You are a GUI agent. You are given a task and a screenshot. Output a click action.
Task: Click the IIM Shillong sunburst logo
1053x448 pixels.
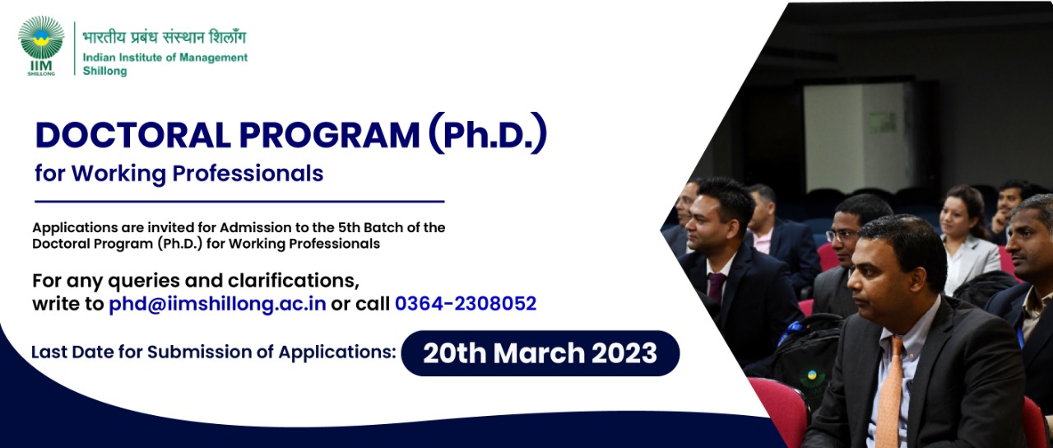pyautogui.click(x=41, y=38)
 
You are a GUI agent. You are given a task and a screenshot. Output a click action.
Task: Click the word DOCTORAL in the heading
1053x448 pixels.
pyautogui.click(x=133, y=136)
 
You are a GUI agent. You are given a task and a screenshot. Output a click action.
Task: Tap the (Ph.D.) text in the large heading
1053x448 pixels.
pyautogui.click(x=488, y=133)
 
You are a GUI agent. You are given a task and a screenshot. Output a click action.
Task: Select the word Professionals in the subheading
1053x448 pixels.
pyautogui.click(x=248, y=174)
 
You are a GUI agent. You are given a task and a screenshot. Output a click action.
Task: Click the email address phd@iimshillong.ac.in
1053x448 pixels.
pyautogui.click(x=217, y=304)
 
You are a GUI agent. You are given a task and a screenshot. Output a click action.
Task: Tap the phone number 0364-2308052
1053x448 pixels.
pyautogui.click(x=466, y=304)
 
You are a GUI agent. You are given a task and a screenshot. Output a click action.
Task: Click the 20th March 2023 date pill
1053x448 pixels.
pyautogui.click(x=540, y=353)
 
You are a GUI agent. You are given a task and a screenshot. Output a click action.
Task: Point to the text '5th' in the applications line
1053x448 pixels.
pyautogui.click(x=348, y=228)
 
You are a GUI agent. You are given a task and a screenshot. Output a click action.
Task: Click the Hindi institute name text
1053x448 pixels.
pyautogui.click(x=164, y=37)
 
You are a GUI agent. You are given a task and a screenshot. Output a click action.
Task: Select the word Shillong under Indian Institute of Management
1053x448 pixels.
pyautogui.click(x=104, y=71)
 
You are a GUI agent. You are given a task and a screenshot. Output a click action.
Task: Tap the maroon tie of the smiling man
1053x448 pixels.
pyautogui.click(x=716, y=287)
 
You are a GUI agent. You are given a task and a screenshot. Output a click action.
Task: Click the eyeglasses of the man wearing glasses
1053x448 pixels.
pyautogui.click(x=842, y=236)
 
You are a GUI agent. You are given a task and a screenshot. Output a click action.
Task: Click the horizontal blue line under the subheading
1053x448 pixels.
pyautogui.click(x=239, y=202)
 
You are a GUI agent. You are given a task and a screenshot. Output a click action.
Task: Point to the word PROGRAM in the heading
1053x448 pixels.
pyautogui.click(x=329, y=136)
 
